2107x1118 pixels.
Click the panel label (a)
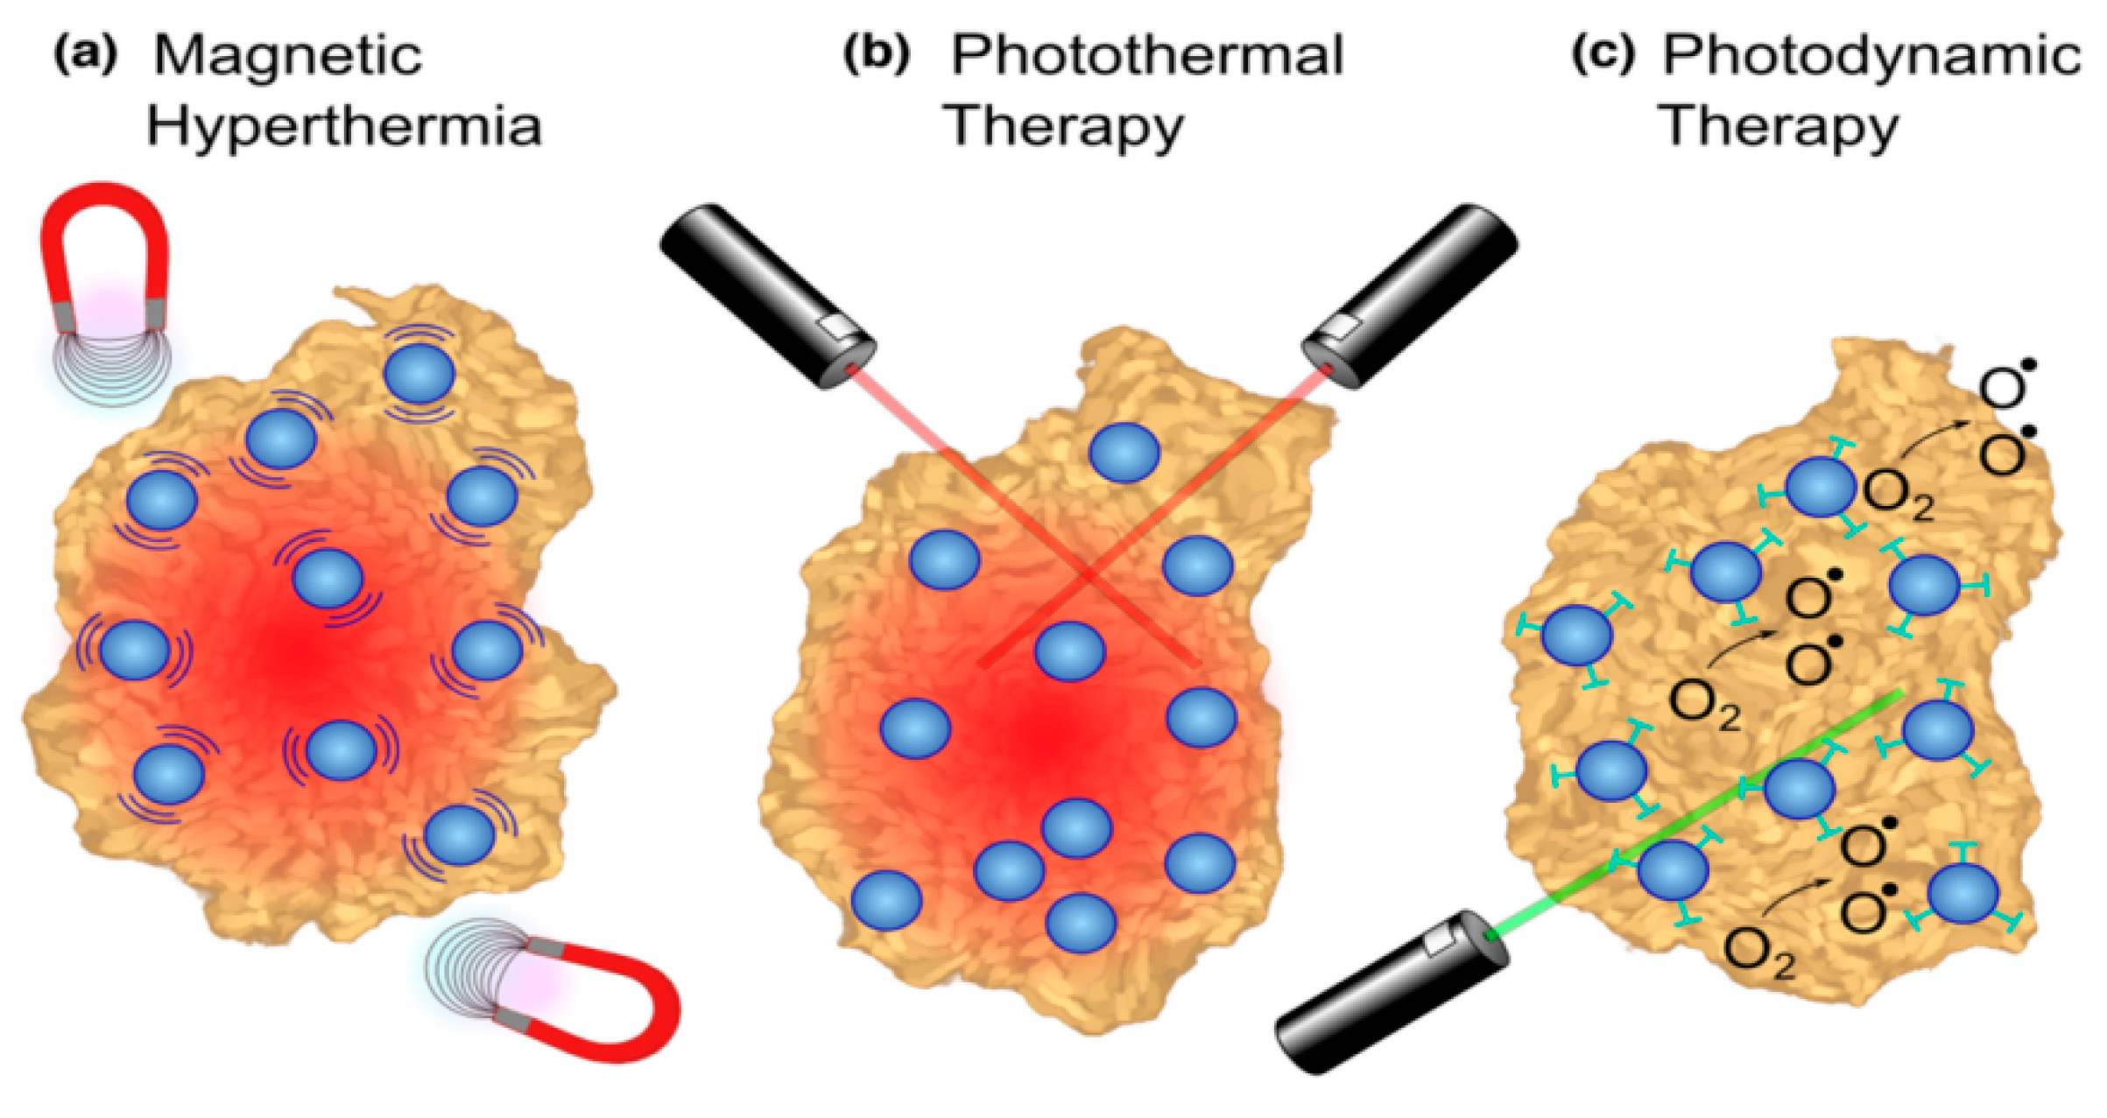(x=85, y=54)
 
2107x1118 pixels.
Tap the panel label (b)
(x=876, y=54)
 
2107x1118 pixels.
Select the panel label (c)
(x=1603, y=54)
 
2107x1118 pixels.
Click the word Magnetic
(x=287, y=56)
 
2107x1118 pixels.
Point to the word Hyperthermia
(x=343, y=127)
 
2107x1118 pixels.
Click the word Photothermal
(x=1147, y=56)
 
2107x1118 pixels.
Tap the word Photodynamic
(x=1871, y=56)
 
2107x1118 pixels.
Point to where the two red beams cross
(x=1088, y=575)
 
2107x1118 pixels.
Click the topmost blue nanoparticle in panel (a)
(x=419, y=372)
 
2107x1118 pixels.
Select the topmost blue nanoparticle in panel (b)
(x=1124, y=452)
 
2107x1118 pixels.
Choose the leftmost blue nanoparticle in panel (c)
(x=1576, y=635)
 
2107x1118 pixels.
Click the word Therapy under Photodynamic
(x=1778, y=127)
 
